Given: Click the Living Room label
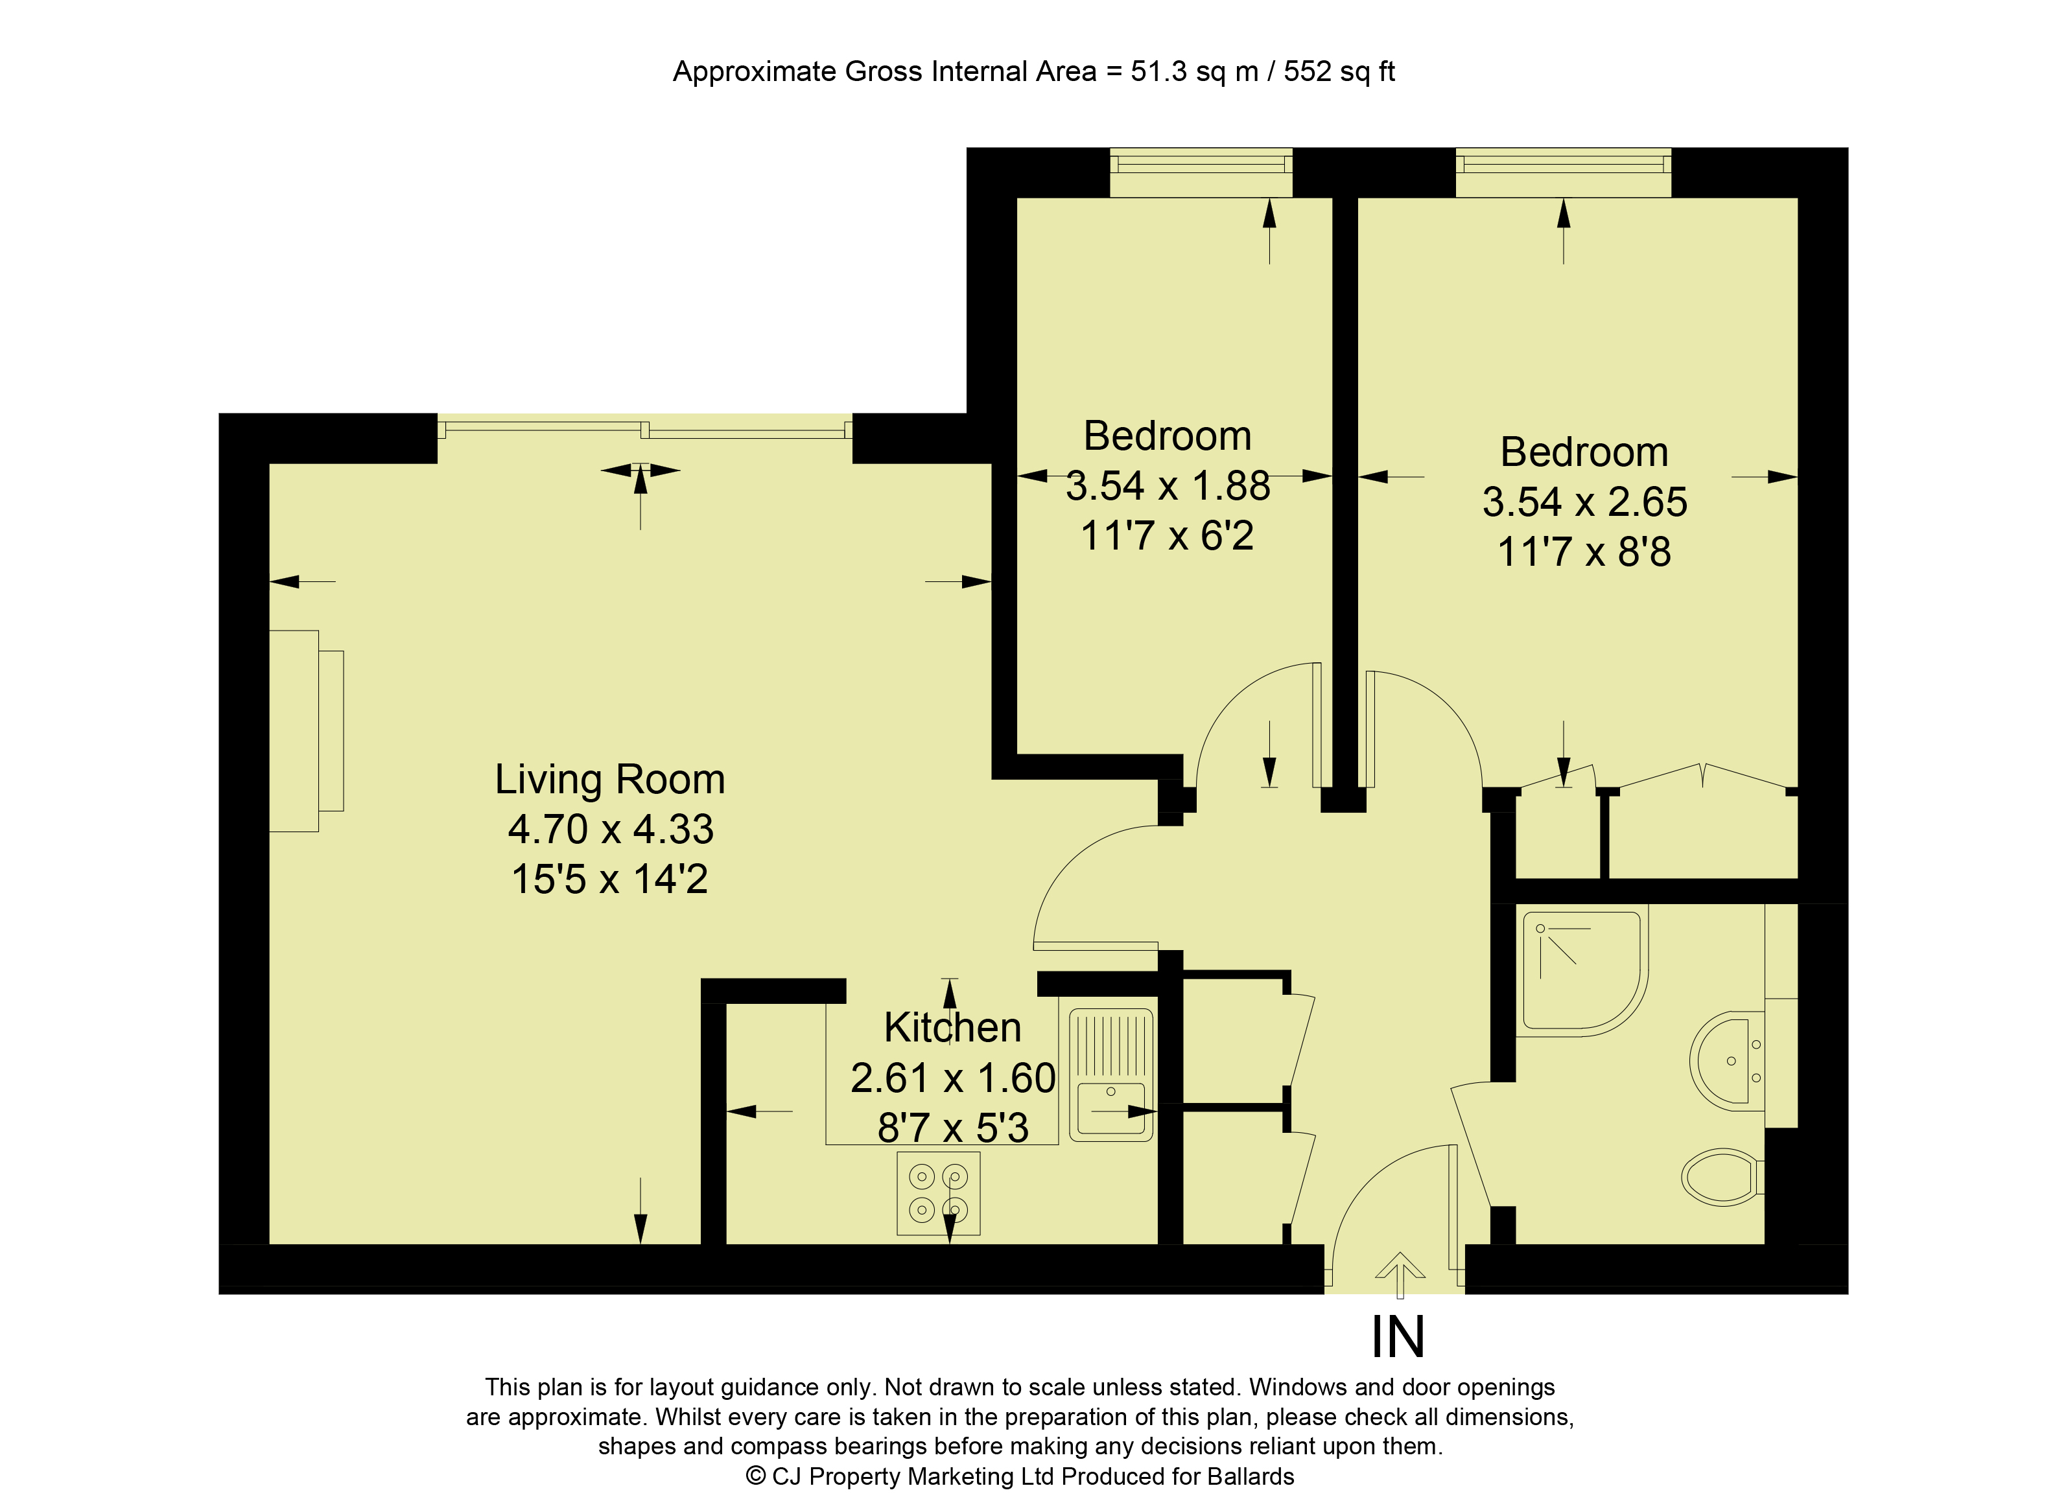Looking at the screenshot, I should click(609, 780).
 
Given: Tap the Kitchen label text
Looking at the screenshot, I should click(952, 1028).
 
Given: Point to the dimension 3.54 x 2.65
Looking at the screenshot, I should click(1585, 502).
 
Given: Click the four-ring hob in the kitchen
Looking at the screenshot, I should click(938, 1194).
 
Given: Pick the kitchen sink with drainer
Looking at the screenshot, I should click(1110, 1075).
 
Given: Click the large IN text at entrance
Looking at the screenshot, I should click(1397, 1338).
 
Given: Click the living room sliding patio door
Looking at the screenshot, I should click(644, 428).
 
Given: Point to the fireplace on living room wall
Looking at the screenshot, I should click(305, 730).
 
